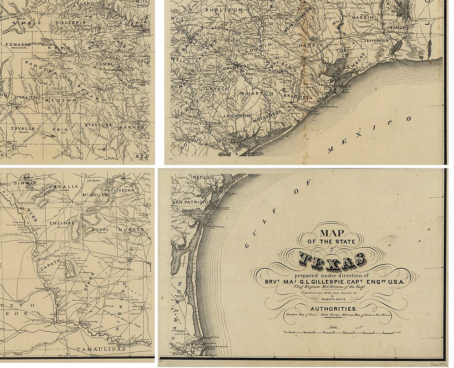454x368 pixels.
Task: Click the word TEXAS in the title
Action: pos(333,261)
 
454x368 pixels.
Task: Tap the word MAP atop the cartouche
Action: pos(335,233)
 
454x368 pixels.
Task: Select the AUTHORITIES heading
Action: pos(333,309)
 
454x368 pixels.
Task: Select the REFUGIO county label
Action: pos(204,177)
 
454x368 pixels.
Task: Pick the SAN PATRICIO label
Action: pos(190,202)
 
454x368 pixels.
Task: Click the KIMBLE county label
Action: pos(27,22)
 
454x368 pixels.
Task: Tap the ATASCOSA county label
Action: pos(98,125)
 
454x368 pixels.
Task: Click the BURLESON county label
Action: pos(231,9)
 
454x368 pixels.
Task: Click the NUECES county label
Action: pos(131,229)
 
